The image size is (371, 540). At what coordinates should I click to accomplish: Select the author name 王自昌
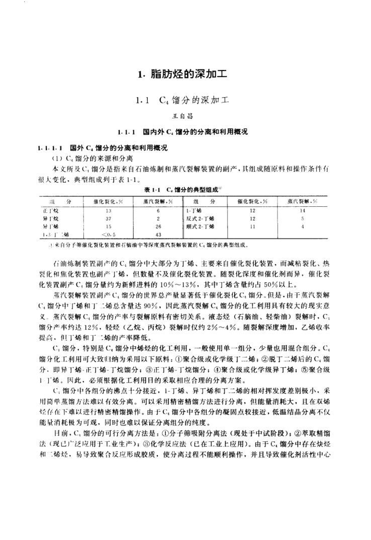(x=186, y=116)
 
